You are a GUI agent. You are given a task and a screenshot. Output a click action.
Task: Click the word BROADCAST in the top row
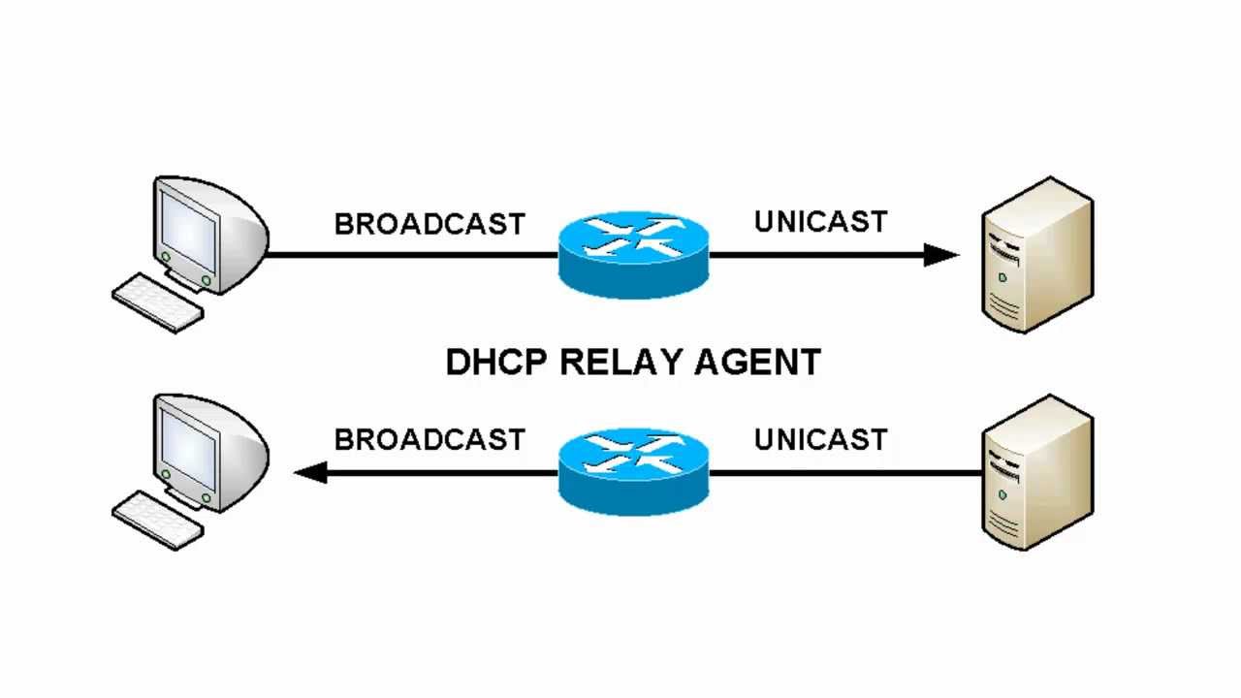[x=429, y=224]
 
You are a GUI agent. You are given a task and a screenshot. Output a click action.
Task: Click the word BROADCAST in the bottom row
[x=429, y=439]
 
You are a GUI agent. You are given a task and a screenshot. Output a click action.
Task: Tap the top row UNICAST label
[x=820, y=222]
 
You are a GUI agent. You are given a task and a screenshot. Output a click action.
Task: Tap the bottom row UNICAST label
[x=820, y=439]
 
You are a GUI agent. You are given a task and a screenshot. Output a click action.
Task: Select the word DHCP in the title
[x=497, y=363]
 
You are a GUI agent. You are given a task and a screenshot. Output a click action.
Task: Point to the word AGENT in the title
[x=758, y=363]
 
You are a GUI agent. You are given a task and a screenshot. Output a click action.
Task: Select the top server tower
[x=1037, y=254]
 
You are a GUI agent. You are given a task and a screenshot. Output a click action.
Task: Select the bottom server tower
[x=1037, y=471]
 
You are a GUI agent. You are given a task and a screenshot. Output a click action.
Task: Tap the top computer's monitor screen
[x=188, y=226]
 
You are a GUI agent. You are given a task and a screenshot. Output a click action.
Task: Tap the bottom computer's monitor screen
[x=188, y=443]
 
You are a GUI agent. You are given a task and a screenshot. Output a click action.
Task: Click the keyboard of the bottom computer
[x=158, y=520]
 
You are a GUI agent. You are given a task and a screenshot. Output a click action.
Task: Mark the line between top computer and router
[x=412, y=255]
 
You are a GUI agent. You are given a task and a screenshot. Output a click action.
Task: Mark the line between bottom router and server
[x=843, y=472]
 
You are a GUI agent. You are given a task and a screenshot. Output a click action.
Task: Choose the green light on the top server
[x=1002, y=278]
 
